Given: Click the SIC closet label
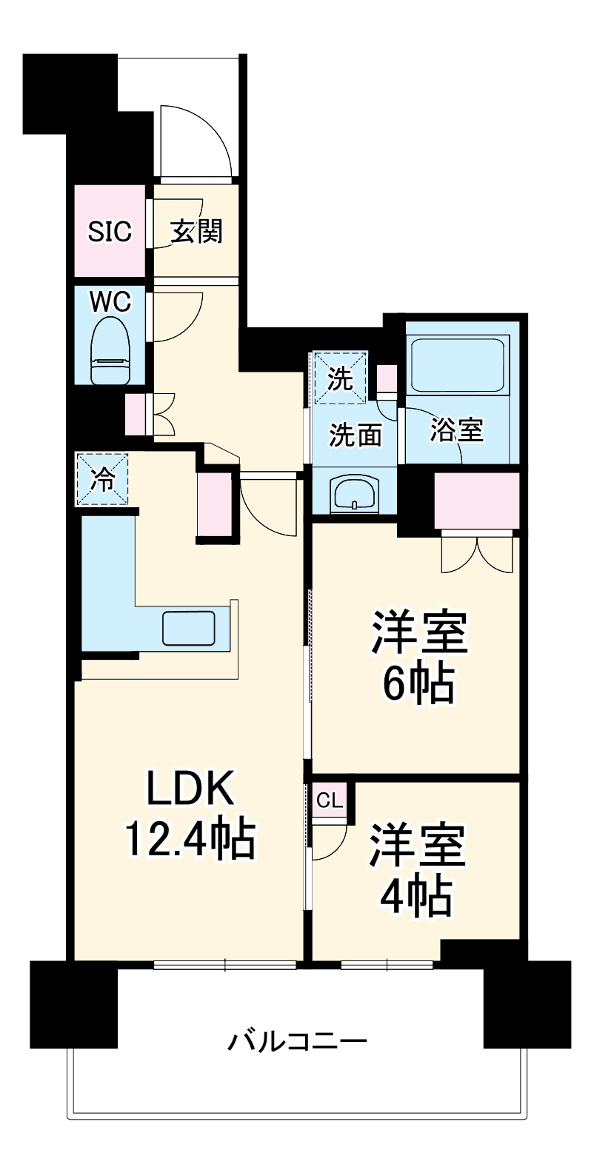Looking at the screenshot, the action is click(x=109, y=231).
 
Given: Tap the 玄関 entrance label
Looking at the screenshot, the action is click(x=197, y=231).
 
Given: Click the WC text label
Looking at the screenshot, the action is click(x=110, y=302).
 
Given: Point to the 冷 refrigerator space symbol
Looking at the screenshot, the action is click(x=102, y=479).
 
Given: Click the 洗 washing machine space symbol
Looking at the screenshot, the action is click(x=339, y=378).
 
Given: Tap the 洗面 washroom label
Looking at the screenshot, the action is click(x=356, y=435).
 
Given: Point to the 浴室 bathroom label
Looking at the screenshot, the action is click(x=456, y=430).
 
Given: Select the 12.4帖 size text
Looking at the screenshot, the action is click(x=190, y=840).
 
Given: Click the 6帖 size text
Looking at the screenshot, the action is click(x=418, y=683).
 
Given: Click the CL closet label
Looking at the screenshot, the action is click(x=330, y=800).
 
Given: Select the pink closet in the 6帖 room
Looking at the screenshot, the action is click(x=476, y=501).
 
